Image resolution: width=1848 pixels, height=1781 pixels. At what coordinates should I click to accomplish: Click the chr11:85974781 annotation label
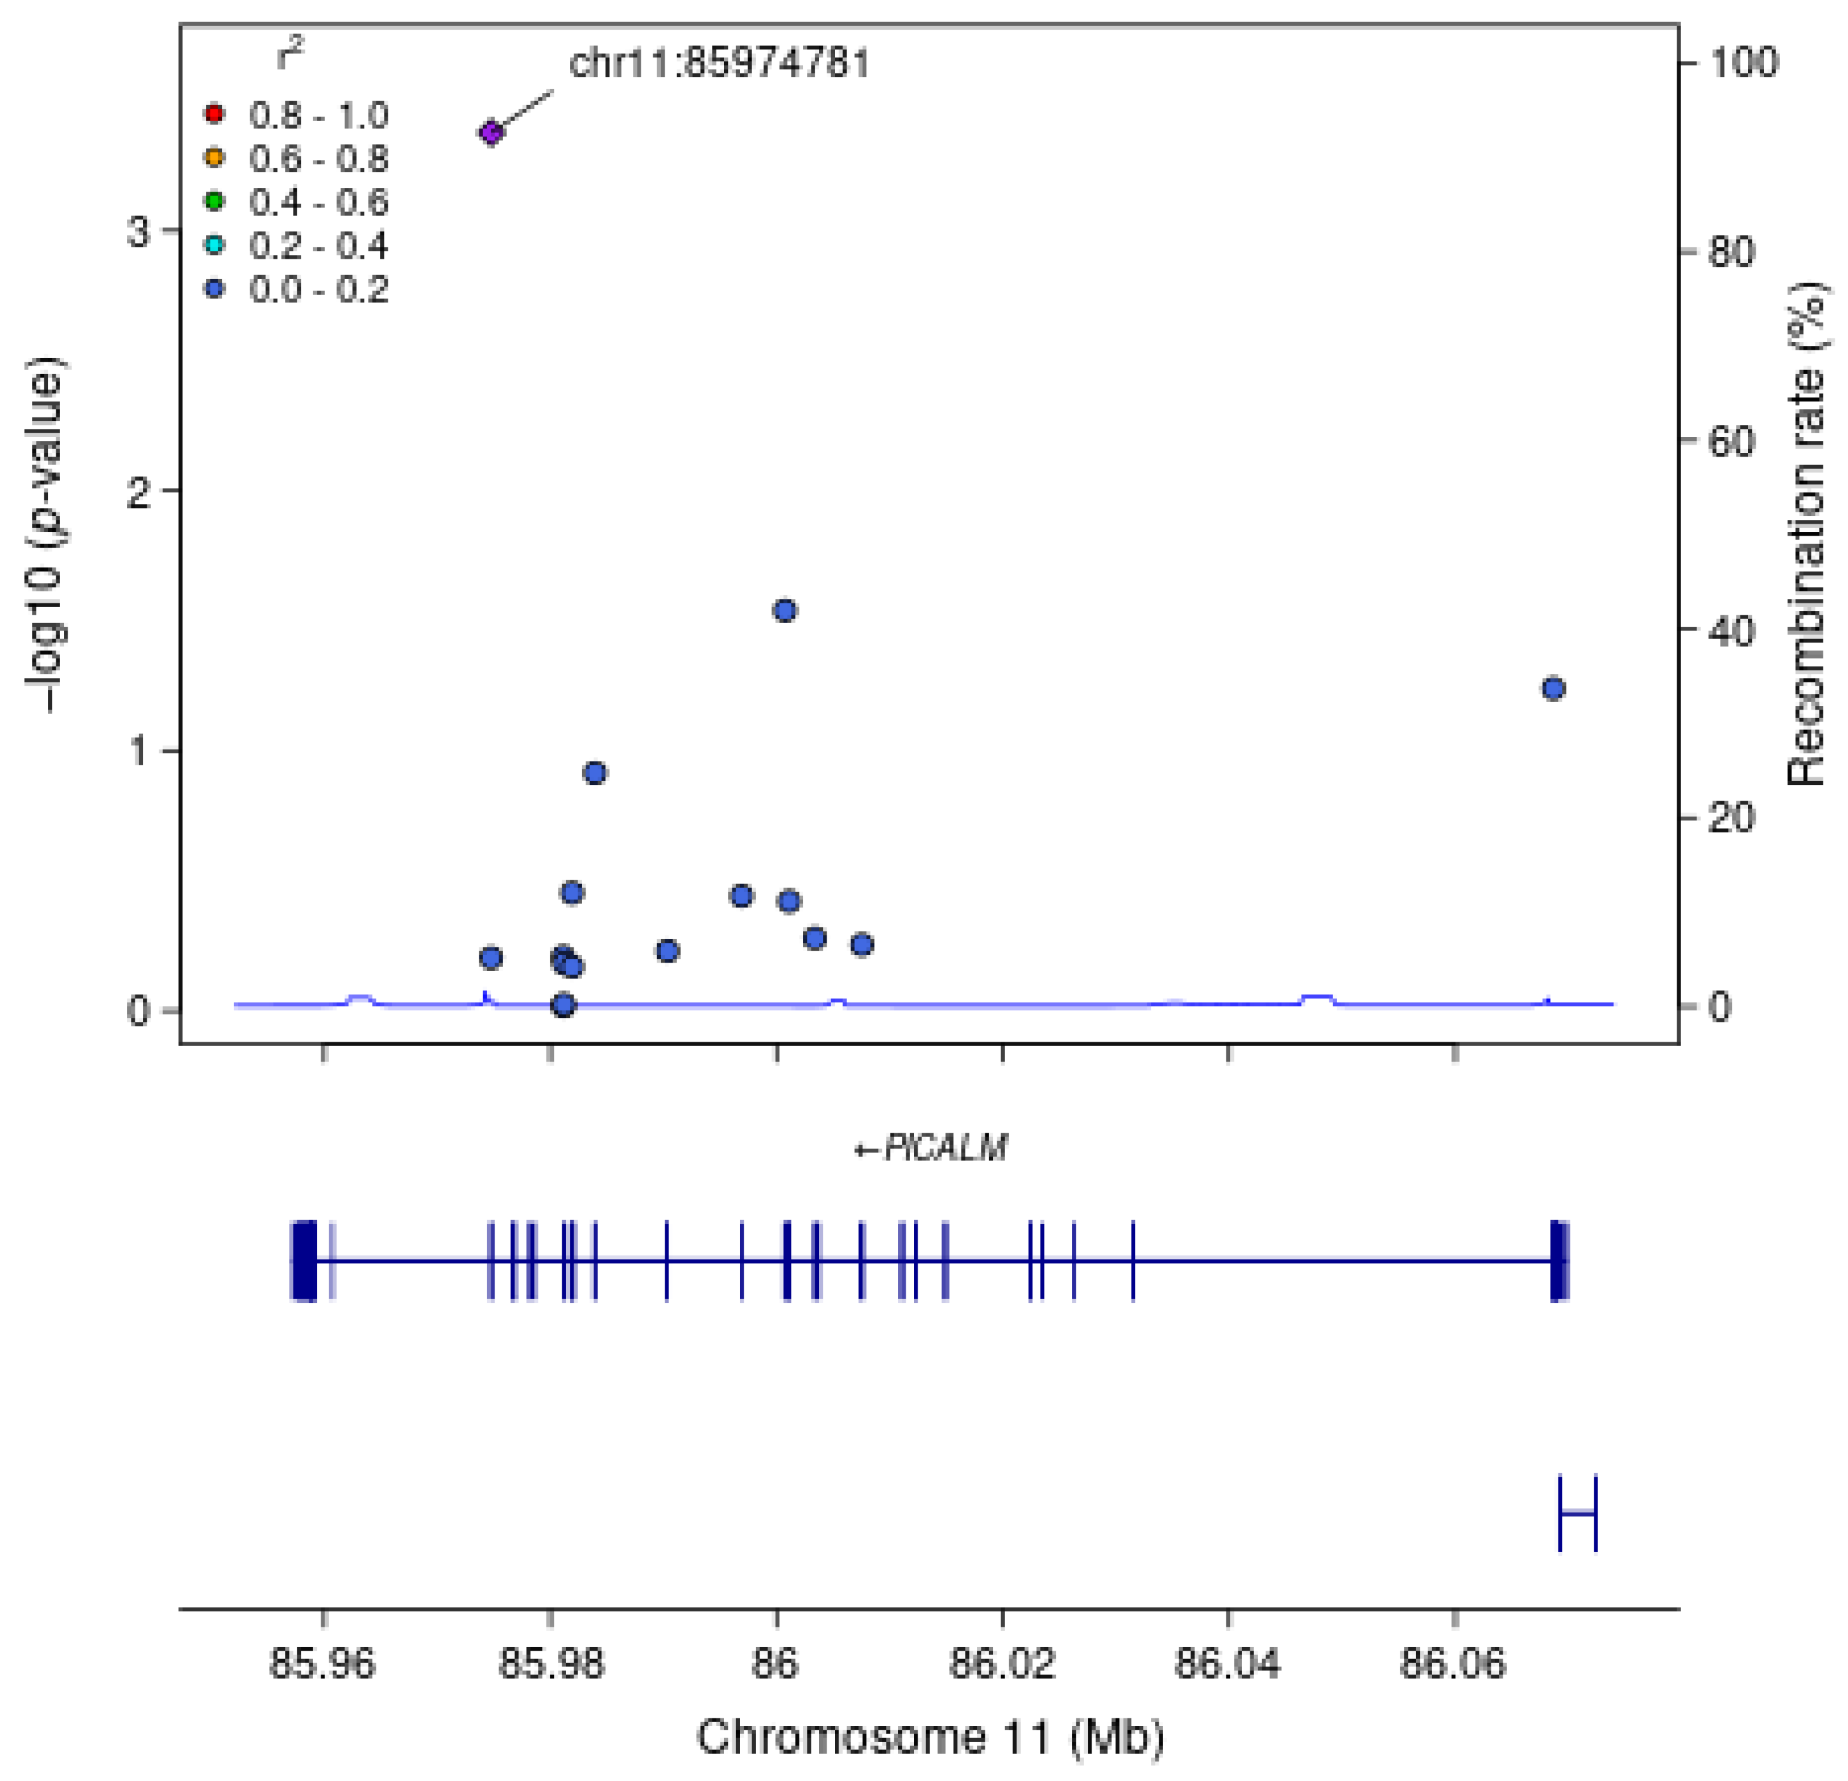(718, 63)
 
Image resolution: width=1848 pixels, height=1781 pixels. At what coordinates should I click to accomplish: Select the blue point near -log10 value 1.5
(784, 611)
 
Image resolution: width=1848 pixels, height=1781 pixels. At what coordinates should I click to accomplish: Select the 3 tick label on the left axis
(140, 231)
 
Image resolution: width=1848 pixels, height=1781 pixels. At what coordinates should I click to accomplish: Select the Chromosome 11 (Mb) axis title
(930, 1737)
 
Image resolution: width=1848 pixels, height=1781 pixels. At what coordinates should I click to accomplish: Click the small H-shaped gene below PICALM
(1577, 1513)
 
